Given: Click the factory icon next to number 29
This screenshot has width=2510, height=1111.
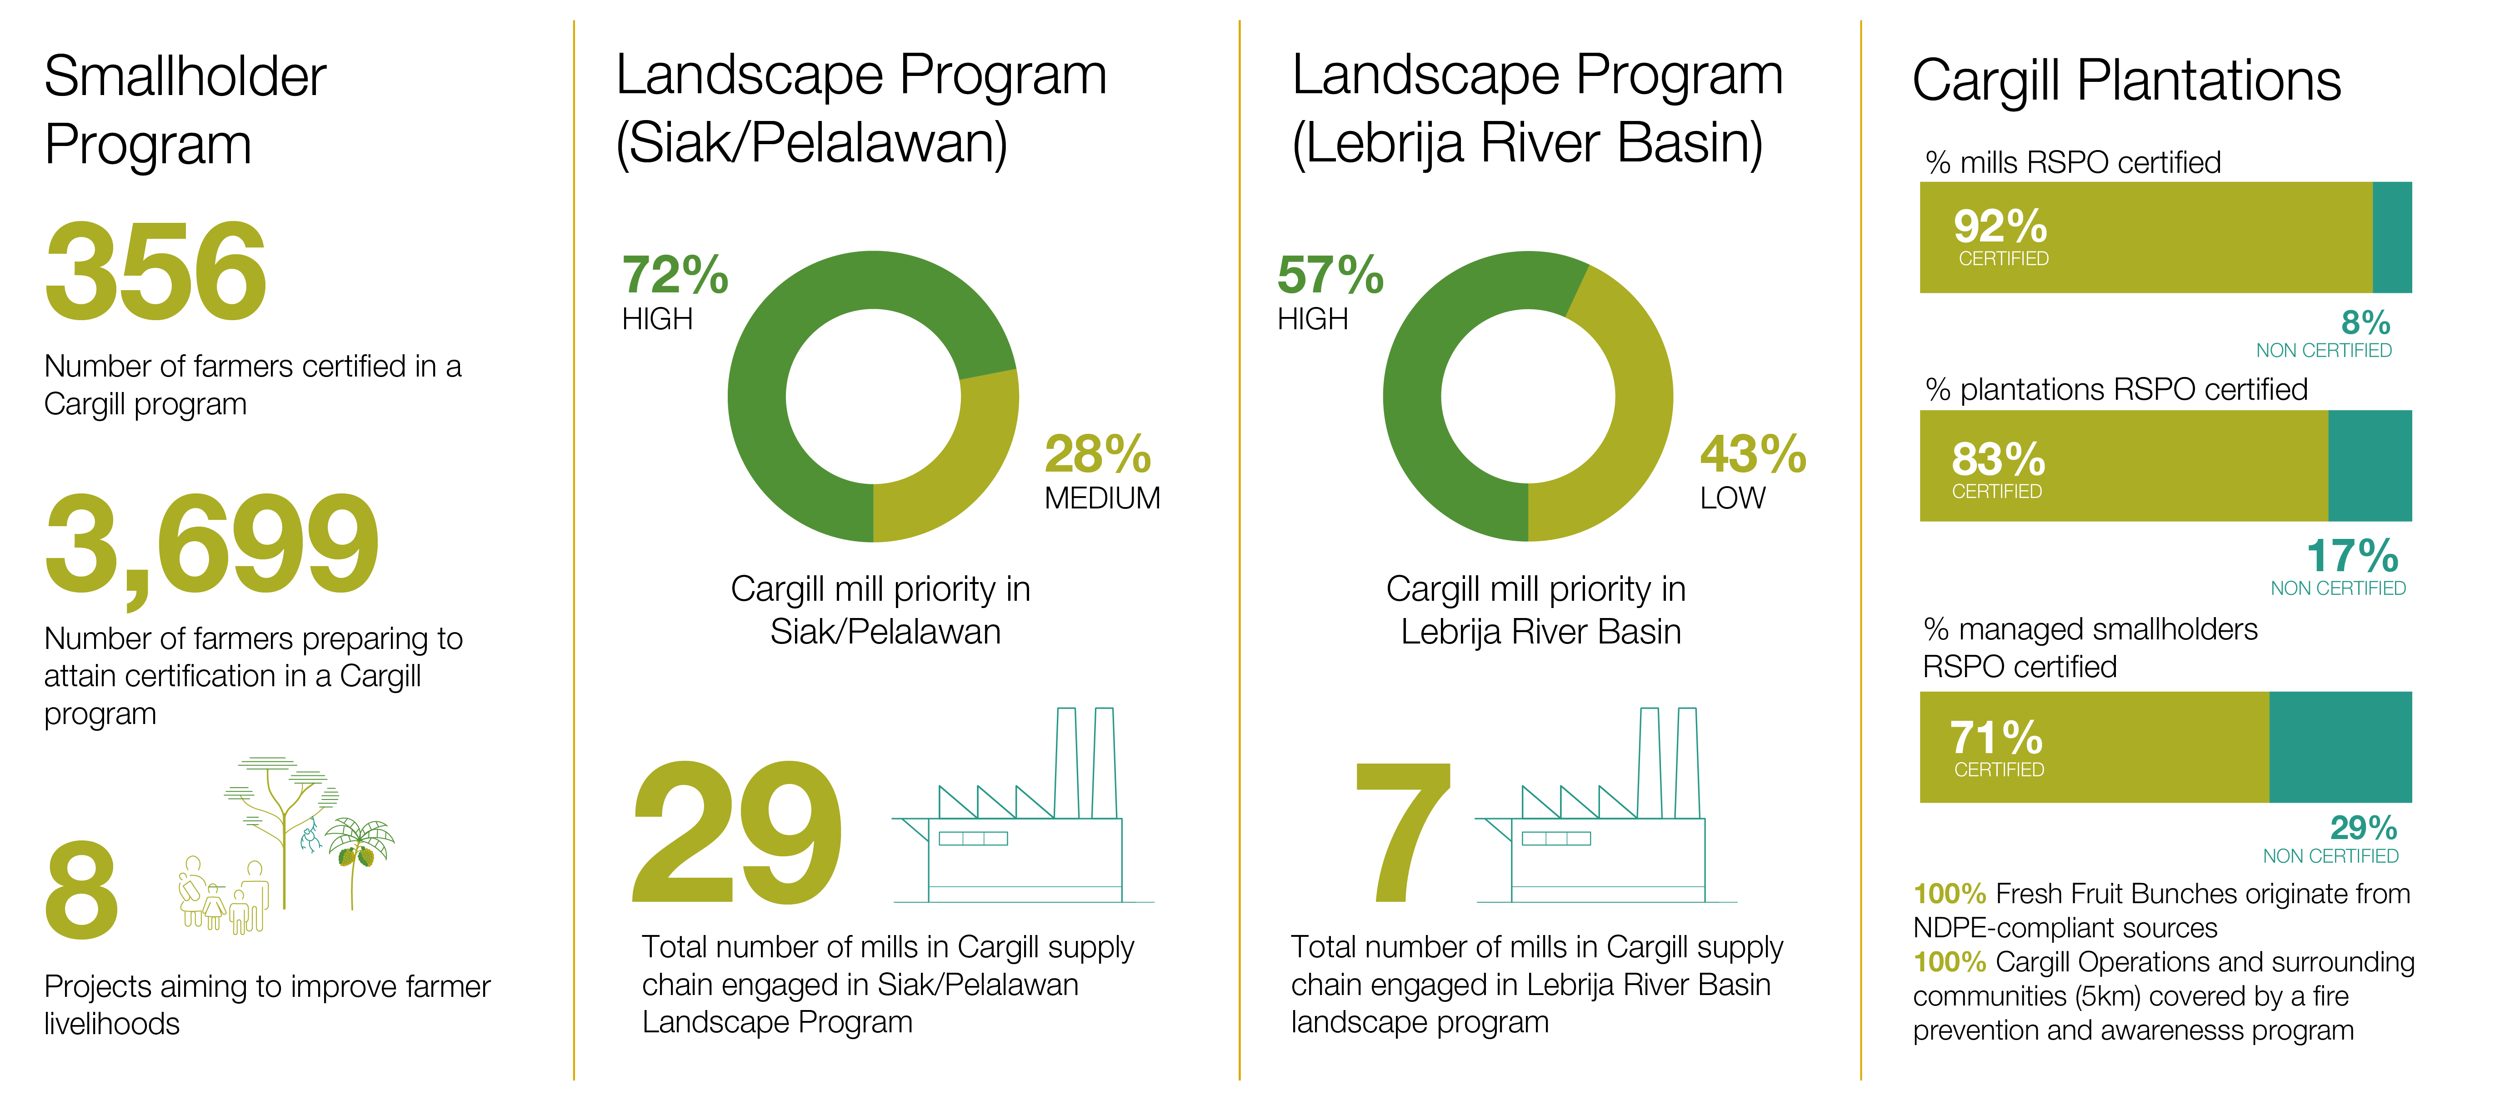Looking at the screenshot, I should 1023,819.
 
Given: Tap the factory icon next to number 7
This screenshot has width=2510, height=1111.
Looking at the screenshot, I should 1608,819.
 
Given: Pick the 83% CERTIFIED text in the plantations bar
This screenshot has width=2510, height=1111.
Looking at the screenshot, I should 1997,468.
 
